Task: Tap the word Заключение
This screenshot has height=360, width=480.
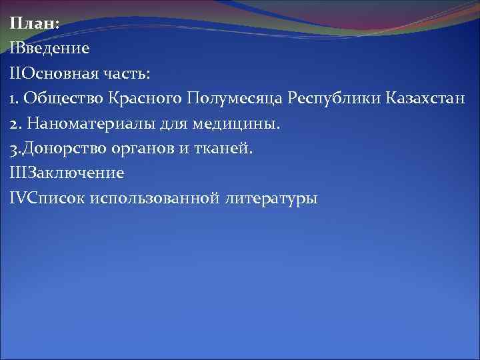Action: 76,173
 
